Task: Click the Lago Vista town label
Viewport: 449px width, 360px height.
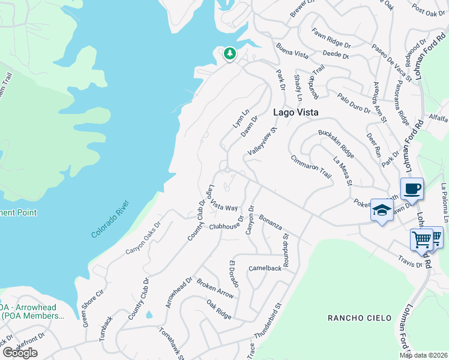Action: pos(295,112)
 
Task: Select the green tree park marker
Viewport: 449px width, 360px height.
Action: pos(229,54)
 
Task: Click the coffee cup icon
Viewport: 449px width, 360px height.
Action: pos(412,189)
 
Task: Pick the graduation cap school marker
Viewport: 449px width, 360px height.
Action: pos(381,210)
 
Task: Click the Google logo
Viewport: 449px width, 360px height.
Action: pos(20,352)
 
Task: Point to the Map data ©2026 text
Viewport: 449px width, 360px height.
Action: pos(423,355)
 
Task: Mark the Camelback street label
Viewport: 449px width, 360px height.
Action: pos(265,268)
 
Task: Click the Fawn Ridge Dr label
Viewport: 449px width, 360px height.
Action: pos(330,37)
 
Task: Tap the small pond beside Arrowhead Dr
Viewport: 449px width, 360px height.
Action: pos(149,314)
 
